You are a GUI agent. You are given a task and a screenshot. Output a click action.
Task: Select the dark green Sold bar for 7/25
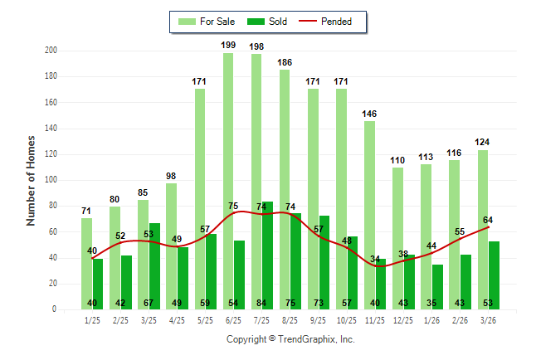pos(267,257)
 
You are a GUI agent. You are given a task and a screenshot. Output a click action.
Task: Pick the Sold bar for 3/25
pos(154,265)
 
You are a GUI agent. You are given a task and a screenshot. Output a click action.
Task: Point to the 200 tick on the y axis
pos(51,51)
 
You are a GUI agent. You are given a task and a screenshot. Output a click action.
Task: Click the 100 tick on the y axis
pos(51,180)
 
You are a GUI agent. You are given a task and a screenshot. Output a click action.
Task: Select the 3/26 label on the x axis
pos(488,319)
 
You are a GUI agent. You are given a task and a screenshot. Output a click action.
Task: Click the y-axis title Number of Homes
pos(32,180)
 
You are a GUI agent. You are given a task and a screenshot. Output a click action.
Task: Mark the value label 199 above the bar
pos(228,45)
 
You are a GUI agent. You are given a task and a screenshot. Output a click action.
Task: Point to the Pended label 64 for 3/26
pos(489,220)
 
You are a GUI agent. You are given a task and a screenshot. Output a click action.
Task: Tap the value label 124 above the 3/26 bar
pos(483,142)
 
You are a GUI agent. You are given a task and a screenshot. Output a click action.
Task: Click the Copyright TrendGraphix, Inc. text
pos(290,339)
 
